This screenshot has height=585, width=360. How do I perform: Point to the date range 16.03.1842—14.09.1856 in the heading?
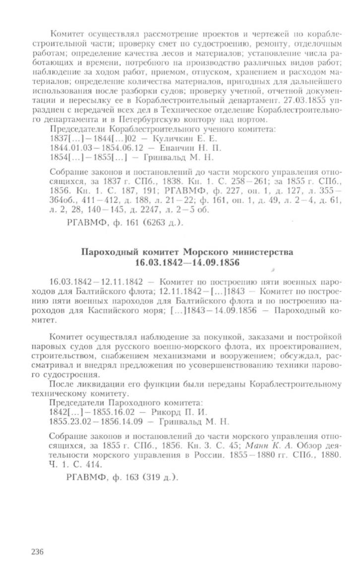(187, 261)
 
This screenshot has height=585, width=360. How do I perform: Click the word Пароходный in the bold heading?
(109, 252)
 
